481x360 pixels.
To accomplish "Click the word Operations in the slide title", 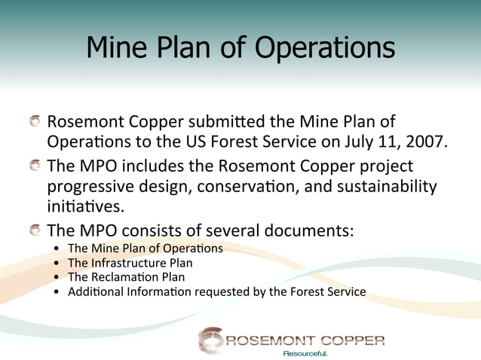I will point(325,48).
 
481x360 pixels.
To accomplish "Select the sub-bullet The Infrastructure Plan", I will point(130,263).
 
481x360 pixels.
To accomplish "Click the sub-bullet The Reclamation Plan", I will point(126,277).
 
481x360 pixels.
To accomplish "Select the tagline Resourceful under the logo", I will point(305,353).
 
